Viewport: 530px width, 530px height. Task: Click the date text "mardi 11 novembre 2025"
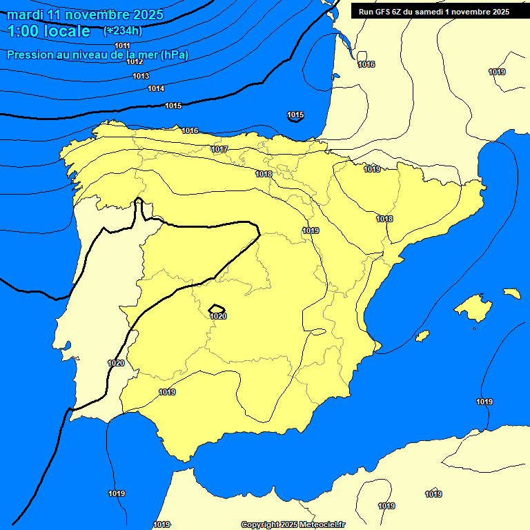[85, 14]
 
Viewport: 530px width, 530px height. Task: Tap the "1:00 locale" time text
[49, 31]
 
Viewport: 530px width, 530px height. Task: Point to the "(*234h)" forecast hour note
[124, 31]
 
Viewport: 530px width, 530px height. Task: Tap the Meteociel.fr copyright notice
[293, 524]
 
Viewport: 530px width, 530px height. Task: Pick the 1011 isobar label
[122, 46]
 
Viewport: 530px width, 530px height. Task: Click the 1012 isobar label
[135, 61]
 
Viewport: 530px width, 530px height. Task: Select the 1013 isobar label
[141, 76]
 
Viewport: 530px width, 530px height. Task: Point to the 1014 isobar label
[156, 88]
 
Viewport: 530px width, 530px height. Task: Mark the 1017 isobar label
[219, 149]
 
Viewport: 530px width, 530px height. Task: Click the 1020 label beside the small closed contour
[218, 316]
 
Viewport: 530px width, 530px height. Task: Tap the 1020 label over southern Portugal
[116, 363]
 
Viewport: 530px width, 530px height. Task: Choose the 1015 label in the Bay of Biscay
[295, 115]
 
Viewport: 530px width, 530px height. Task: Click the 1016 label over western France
[366, 64]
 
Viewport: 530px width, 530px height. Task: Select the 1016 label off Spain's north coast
[190, 130]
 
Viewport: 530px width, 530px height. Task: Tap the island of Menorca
[511, 293]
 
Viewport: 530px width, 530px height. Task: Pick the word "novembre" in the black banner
[476, 11]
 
